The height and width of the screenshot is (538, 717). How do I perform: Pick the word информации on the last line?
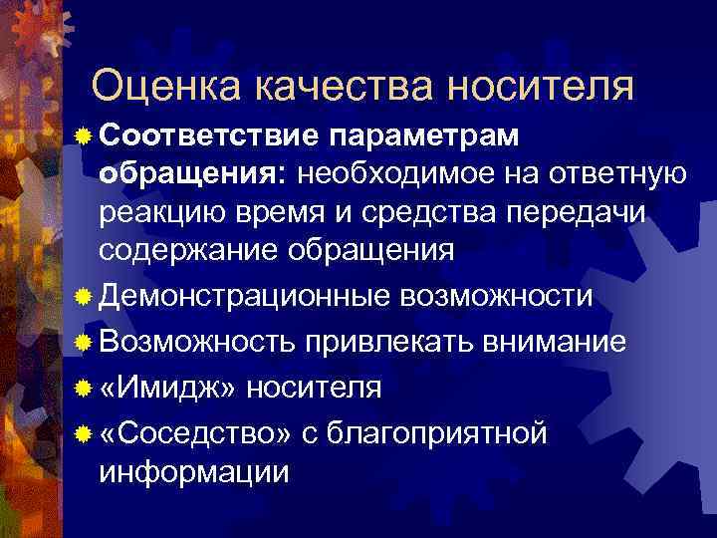(x=195, y=470)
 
